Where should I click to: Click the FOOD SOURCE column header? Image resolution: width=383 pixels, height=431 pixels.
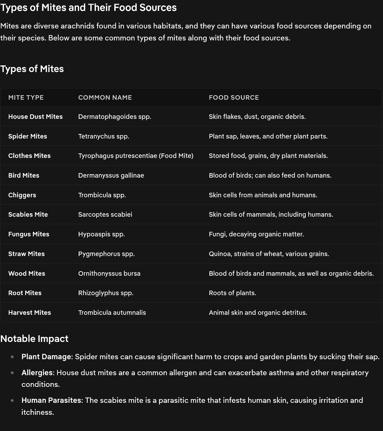pyautogui.click(x=234, y=98)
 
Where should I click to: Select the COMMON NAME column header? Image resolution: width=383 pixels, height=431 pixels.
pyautogui.click(x=105, y=98)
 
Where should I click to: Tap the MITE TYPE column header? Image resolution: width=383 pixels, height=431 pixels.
pyautogui.click(x=26, y=98)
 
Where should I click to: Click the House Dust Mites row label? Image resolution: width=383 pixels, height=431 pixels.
pyautogui.click(x=35, y=117)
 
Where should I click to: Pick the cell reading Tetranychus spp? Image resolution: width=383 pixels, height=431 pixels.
pyautogui.click(x=104, y=136)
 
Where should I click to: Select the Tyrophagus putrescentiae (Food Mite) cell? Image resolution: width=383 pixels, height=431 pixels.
pyautogui.click(x=136, y=156)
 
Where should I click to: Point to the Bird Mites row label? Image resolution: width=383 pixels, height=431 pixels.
pyautogui.click(x=24, y=175)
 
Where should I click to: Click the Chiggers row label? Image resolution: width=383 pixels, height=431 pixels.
pyautogui.click(x=22, y=195)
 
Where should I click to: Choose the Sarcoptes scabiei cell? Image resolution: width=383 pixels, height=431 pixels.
pyautogui.click(x=105, y=215)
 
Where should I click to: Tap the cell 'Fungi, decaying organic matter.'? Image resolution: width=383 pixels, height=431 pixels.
pyautogui.click(x=256, y=234)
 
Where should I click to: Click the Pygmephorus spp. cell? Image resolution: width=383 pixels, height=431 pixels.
pyautogui.click(x=106, y=254)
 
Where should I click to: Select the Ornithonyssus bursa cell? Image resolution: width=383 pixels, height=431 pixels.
pyautogui.click(x=109, y=274)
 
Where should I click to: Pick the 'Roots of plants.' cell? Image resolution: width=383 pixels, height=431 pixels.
pyautogui.click(x=232, y=293)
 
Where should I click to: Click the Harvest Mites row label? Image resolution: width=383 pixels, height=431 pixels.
pyautogui.click(x=29, y=313)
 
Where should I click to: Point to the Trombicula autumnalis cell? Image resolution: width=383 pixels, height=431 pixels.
pyautogui.click(x=112, y=313)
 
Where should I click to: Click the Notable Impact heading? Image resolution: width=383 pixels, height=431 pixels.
pyautogui.click(x=34, y=339)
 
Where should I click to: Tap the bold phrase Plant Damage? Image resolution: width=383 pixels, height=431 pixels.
pyautogui.click(x=46, y=357)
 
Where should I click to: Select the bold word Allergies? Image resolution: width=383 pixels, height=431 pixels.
pyautogui.click(x=37, y=373)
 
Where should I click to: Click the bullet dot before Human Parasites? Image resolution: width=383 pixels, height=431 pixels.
pyautogui.click(x=12, y=400)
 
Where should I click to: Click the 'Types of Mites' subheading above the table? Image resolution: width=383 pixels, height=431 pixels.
pyautogui.click(x=32, y=69)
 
